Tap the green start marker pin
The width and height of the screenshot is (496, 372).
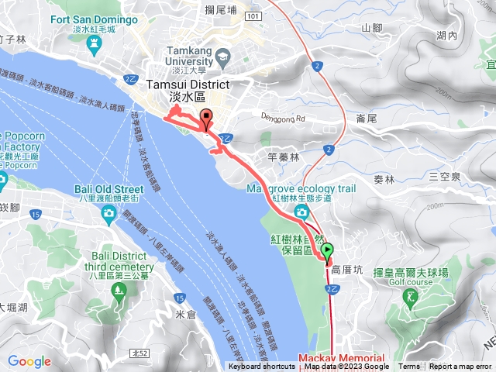328,250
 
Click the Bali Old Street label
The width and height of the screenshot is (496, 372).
109,189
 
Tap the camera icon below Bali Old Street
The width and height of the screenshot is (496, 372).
110,212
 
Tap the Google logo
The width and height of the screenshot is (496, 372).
29,361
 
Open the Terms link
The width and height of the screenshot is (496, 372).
409,367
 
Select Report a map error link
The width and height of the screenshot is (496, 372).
460,367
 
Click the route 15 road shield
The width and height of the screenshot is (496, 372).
180,297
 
